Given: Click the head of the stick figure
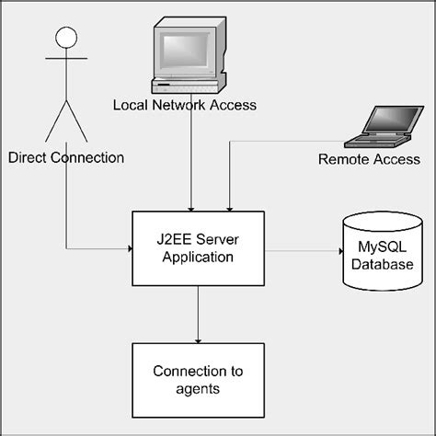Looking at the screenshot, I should [x=63, y=37].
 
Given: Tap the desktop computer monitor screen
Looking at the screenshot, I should [x=189, y=52].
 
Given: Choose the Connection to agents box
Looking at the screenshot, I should [x=198, y=379].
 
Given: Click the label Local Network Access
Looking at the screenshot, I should [x=184, y=105].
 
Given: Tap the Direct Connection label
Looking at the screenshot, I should [x=65, y=157].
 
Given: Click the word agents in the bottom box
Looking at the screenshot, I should [x=199, y=388].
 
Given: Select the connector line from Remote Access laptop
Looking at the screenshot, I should [x=276, y=141].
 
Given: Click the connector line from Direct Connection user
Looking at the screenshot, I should [x=66, y=212].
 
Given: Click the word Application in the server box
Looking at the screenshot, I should [x=198, y=257].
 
